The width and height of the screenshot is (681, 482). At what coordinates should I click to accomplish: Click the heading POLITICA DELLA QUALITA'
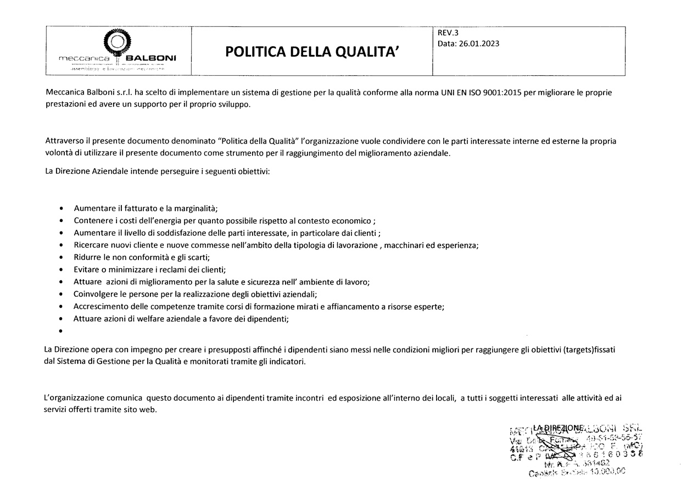(311, 52)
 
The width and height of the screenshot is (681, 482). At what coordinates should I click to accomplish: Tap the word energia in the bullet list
(175, 221)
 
